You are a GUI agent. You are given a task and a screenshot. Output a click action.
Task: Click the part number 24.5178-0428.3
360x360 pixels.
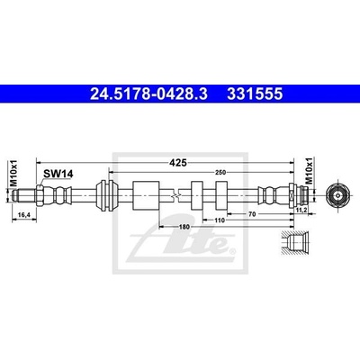(148, 94)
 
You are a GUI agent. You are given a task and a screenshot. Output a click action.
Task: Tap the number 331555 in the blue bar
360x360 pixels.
(255, 94)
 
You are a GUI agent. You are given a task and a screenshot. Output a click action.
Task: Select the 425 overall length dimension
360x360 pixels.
(178, 163)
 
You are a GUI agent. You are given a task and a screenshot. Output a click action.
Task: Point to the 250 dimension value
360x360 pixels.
(220, 172)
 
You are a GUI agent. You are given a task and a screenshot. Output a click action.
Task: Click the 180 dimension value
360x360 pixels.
(184, 227)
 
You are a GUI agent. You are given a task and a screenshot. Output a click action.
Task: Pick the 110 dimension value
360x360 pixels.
(220, 220)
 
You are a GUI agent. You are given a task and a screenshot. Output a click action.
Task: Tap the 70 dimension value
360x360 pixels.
(252, 214)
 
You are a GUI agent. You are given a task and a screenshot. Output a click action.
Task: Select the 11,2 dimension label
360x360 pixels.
(301, 210)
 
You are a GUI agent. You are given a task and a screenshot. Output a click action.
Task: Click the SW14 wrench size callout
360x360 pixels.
(58, 174)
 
